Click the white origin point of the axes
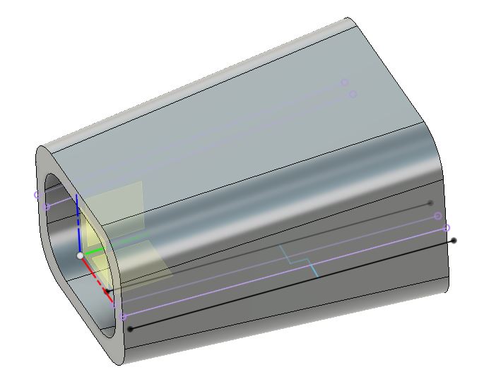[x=80, y=255]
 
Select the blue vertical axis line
[x=77, y=219]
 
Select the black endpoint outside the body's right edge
[x=454, y=241]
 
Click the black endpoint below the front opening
[x=129, y=329]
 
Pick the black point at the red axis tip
[x=107, y=290]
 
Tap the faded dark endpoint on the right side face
[x=430, y=203]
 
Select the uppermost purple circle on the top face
[x=345, y=83]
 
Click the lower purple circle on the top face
[x=353, y=95]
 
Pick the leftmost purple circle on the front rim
[x=37, y=195]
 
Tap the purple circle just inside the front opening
[x=47, y=207]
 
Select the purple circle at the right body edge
[x=446, y=228]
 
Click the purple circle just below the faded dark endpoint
[x=437, y=216]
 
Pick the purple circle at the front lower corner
[x=124, y=318]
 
